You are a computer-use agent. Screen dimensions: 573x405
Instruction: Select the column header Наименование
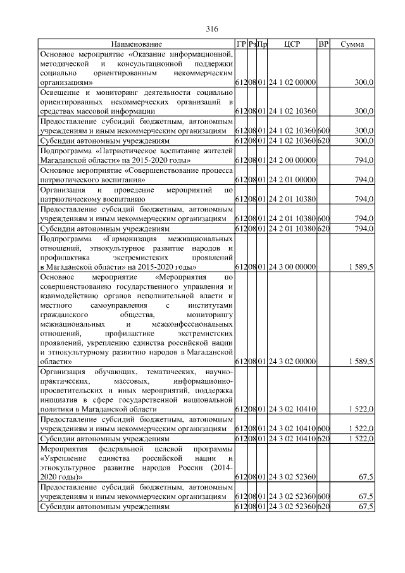pyautogui.click(x=137, y=44)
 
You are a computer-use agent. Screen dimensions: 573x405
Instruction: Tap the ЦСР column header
pyautogui.click(x=292, y=44)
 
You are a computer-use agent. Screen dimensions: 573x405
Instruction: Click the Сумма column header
pyautogui.click(x=352, y=44)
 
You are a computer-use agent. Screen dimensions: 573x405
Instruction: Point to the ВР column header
pyautogui.click(x=323, y=44)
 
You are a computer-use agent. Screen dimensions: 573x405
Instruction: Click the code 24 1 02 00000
pyautogui.click(x=292, y=82)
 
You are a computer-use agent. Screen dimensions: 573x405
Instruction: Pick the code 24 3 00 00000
pyautogui.click(x=292, y=268)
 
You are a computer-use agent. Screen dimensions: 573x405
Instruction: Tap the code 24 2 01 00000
pyautogui.click(x=292, y=180)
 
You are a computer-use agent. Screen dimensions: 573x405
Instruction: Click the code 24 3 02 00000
pyautogui.click(x=292, y=362)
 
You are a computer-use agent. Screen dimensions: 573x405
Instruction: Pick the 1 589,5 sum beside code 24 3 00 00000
pyautogui.click(x=361, y=268)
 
